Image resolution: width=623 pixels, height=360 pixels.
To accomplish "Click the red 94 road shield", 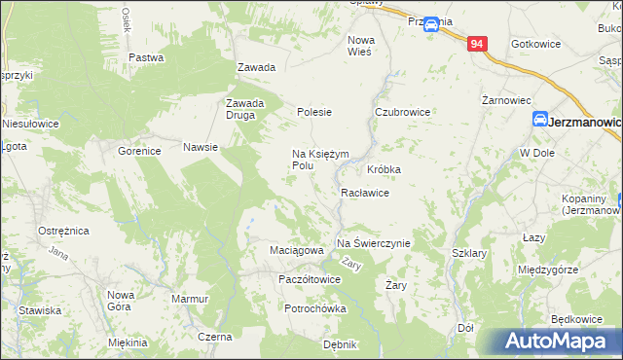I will [476, 44].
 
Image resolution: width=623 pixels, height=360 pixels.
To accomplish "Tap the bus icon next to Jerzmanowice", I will [539, 119].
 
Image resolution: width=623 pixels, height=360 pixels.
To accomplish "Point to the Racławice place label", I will [365, 194].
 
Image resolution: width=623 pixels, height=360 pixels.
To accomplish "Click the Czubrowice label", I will [403, 112].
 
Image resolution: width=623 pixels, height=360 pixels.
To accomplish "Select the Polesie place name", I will [314, 112].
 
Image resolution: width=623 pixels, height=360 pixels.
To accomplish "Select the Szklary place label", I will [469, 252].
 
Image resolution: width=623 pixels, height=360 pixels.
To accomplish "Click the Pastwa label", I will [145, 57].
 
